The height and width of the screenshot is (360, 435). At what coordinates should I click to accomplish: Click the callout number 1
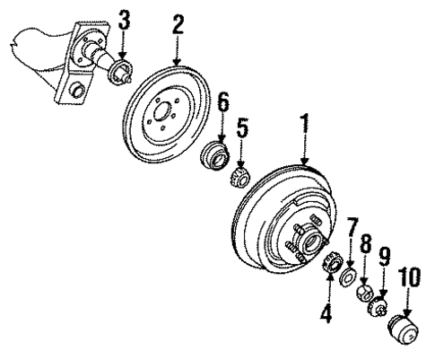click(x=305, y=128)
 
